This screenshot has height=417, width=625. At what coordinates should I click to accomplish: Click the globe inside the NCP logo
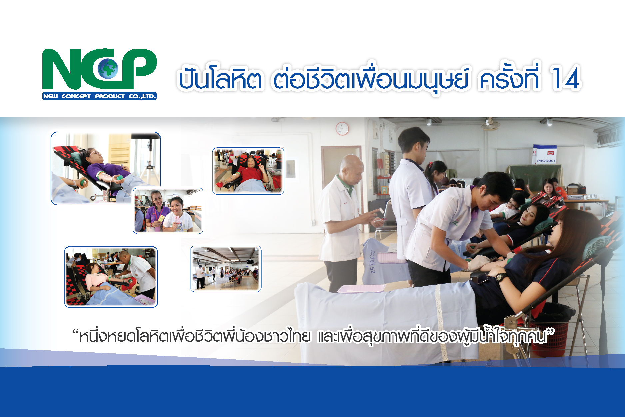108,68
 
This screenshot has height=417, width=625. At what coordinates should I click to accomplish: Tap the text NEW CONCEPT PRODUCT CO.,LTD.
99,96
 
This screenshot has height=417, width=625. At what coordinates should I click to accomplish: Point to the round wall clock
342,129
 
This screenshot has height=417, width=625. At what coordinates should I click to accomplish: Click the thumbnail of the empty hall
226,269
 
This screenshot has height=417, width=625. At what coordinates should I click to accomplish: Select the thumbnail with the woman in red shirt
248,171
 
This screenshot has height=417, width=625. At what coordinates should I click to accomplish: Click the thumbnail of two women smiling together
168,211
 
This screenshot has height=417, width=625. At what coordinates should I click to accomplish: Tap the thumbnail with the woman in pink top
111,277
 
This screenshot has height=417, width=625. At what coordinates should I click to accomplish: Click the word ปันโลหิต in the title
220,79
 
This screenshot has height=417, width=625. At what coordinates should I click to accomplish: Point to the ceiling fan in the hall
490,124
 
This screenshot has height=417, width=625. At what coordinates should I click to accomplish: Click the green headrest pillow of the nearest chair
596,247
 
